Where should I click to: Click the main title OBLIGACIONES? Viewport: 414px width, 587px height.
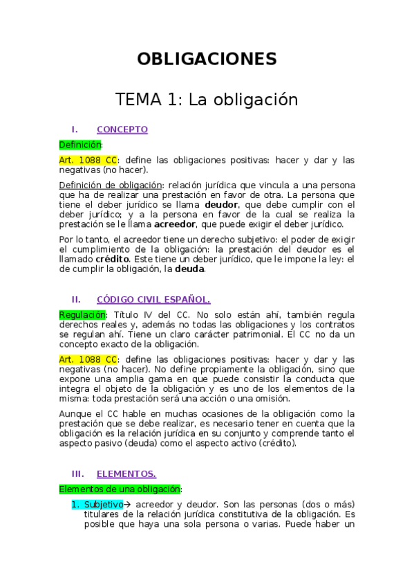(x=207, y=58)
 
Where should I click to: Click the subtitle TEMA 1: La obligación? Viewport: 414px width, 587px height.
(x=207, y=100)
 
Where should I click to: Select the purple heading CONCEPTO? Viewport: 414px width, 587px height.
(x=122, y=129)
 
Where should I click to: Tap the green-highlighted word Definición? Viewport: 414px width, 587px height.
(x=79, y=145)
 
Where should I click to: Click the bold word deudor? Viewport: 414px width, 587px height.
(x=222, y=206)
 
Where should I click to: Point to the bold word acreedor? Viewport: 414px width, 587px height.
(x=176, y=224)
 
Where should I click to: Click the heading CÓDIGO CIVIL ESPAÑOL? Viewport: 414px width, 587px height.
(x=153, y=300)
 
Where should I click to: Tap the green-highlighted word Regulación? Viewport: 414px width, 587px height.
(x=82, y=315)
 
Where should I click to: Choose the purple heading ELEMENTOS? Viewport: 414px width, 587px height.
(x=126, y=474)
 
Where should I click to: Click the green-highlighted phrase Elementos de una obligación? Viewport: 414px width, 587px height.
(x=119, y=489)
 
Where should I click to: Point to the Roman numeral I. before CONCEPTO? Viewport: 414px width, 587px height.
(x=75, y=129)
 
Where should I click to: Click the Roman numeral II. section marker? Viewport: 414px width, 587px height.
(x=77, y=300)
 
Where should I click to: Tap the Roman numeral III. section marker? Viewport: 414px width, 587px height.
(x=77, y=474)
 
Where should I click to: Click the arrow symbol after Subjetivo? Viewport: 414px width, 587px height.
(x=129, y=505)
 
